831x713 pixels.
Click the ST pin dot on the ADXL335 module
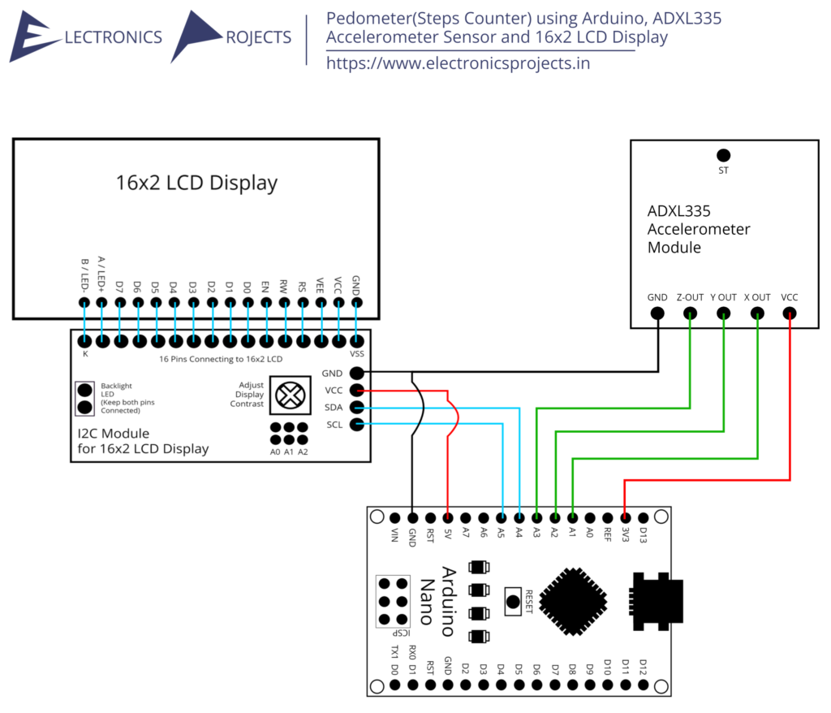point(723,155)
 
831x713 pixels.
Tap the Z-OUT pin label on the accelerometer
point(690,297)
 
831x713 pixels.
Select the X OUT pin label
point(757,297)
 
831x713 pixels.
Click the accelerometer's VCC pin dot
point(789,313)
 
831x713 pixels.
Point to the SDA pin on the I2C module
point(357,408)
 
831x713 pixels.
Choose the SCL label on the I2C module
point(334,425)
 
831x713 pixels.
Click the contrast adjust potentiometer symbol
point(291,395)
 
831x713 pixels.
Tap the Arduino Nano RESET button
point(513,602)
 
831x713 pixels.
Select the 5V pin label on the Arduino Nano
point(448,534)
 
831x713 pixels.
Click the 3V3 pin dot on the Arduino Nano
point(626,517)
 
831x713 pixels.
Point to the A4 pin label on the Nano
point(519,532)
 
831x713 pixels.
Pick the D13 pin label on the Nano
point(643,534)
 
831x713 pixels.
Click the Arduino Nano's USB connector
point(656,601)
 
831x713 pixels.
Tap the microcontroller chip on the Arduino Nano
point(573,601)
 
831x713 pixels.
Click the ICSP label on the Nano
point(401,633)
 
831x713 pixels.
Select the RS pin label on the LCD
point(302,287)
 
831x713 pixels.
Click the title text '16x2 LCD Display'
point(196,183)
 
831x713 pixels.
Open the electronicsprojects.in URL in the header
point(458,63)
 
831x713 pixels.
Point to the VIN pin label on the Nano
point(394,534)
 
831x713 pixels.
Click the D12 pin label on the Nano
point(643,667)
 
